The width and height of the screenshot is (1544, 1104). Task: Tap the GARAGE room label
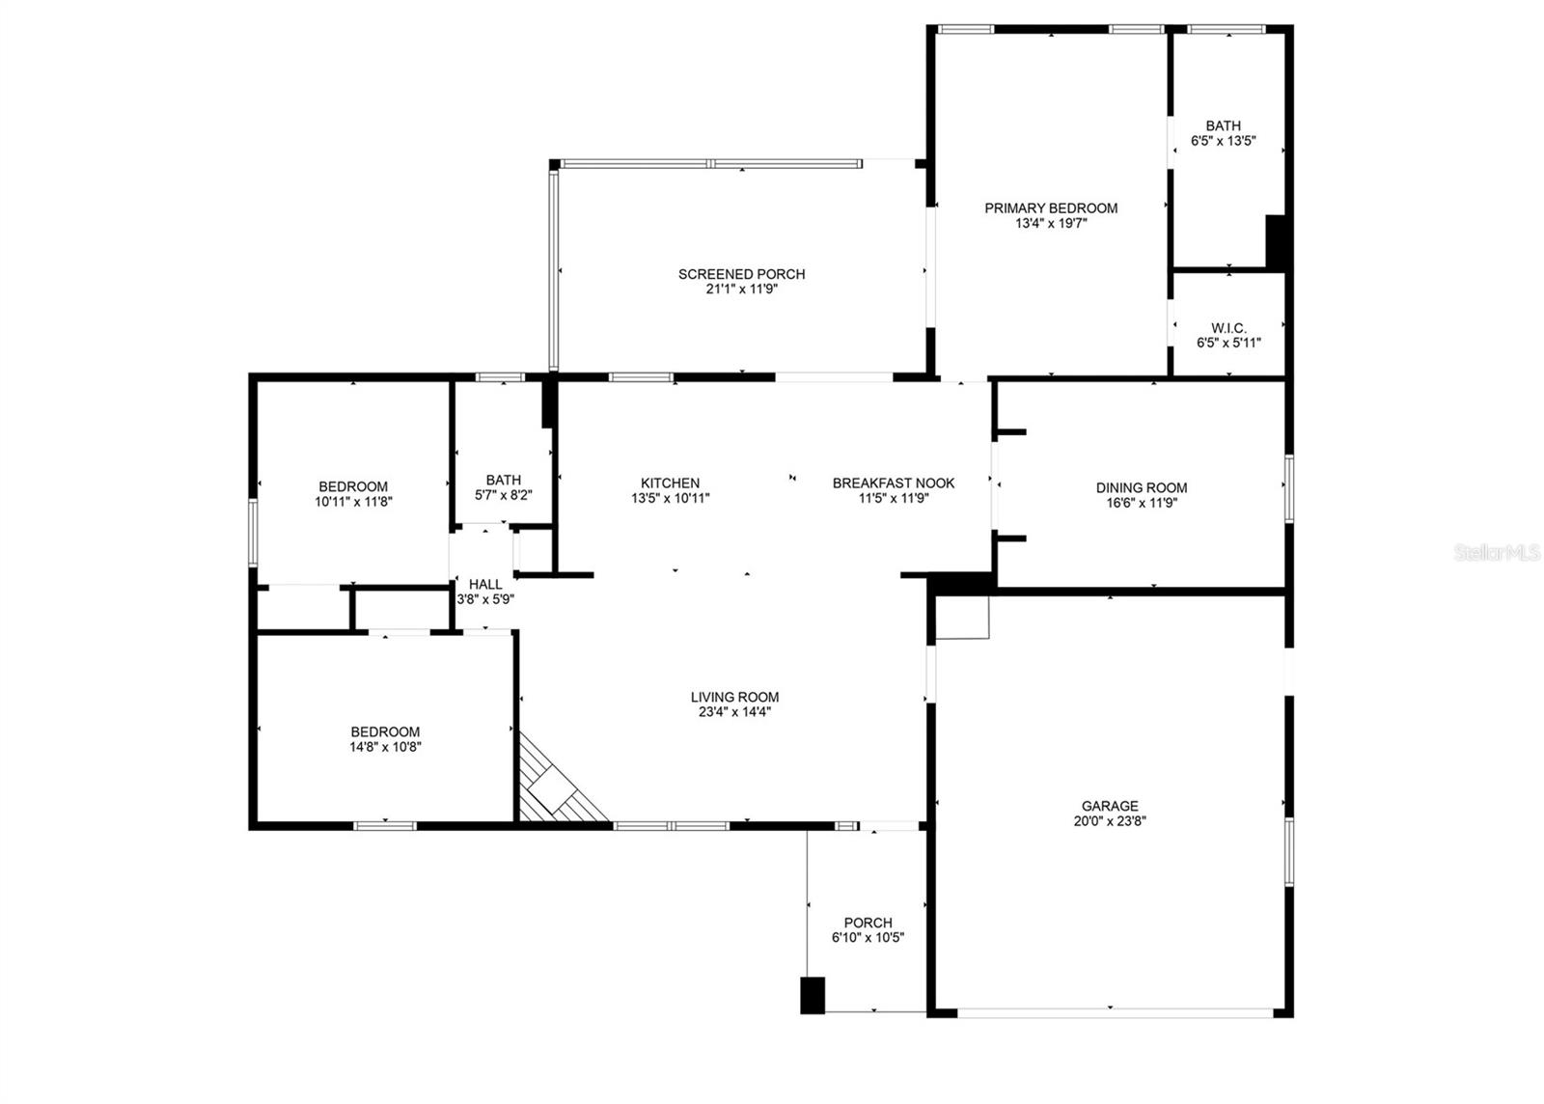(x=1110, y=806)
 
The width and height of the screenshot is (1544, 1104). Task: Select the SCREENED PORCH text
(x=741, y=274)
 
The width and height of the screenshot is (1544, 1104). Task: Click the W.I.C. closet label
(x=1228, y=328)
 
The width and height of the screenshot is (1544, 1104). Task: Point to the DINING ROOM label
(x=1142, y=487)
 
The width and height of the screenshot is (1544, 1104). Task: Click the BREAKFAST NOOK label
(x=894, y=483)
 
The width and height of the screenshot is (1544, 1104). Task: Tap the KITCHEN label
(x=670, y=483)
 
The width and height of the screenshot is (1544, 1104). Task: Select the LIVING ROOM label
(x=734, y=697)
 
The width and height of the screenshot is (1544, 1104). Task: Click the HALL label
(x=485, y=584)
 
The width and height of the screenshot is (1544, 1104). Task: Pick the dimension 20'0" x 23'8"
(x=1110, y=821)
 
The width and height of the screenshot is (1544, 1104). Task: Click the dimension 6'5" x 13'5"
(x=1224, y=141)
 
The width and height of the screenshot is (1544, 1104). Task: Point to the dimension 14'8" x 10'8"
(x=385, y=747)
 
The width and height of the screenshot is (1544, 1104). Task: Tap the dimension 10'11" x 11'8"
(x=353, y=502)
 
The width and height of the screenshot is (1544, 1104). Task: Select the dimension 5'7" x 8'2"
(x=504, y=495)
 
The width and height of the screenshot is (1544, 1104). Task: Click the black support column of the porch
(x=813, y=995)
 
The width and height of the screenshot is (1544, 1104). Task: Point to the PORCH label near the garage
(x=868, y=923)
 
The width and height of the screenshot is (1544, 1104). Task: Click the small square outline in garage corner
(x=963, y=618)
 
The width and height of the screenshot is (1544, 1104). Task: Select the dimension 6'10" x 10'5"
(x=868, y=938)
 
